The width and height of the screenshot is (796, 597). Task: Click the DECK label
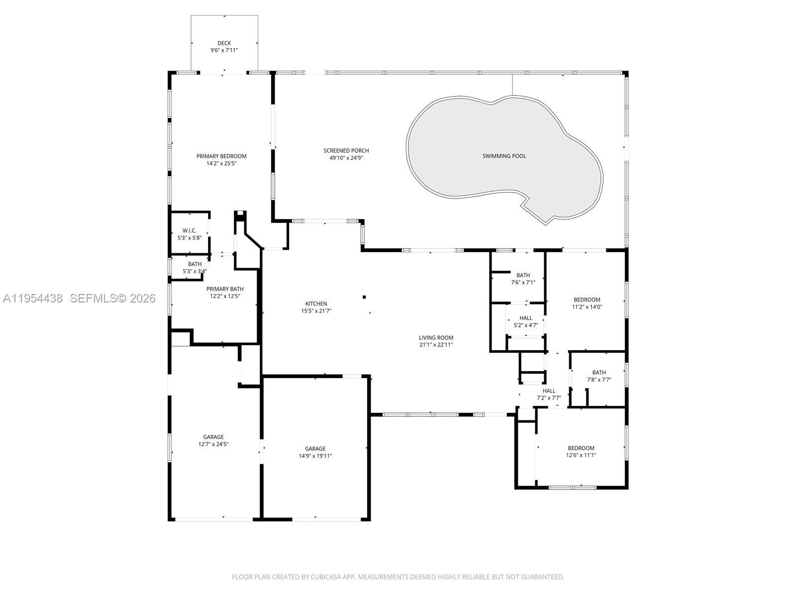[224, 43]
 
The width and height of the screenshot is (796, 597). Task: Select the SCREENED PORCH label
[346, 151]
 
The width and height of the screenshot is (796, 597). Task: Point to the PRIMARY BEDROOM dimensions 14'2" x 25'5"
[221, 163]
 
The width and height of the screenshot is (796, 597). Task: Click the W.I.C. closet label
[190, 231]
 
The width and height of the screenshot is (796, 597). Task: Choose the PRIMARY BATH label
[225, 289]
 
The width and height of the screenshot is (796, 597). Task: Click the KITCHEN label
[316, 303]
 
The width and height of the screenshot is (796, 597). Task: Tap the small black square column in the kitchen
[364, 297]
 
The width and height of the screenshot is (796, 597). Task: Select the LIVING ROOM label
[436, 338]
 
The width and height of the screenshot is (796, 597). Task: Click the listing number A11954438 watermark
[33, 298]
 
